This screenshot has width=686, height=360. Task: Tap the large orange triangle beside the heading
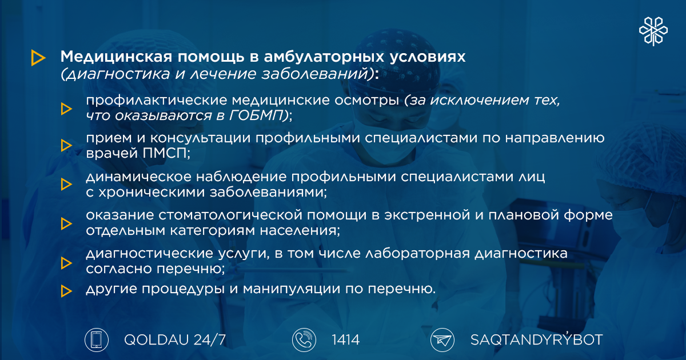38,58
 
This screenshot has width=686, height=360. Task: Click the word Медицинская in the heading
116,57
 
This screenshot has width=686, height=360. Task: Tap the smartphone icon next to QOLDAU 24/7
97,340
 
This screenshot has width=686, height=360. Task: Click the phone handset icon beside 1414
304,340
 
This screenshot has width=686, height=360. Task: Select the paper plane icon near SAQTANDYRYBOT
442,340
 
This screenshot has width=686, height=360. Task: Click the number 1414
345,340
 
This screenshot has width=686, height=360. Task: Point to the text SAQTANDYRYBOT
537,339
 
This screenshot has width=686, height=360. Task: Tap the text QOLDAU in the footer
156,340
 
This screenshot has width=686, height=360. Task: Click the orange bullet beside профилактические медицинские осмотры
66,109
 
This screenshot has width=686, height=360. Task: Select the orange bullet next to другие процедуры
66,291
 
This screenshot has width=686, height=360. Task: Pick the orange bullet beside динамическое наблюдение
66,184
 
